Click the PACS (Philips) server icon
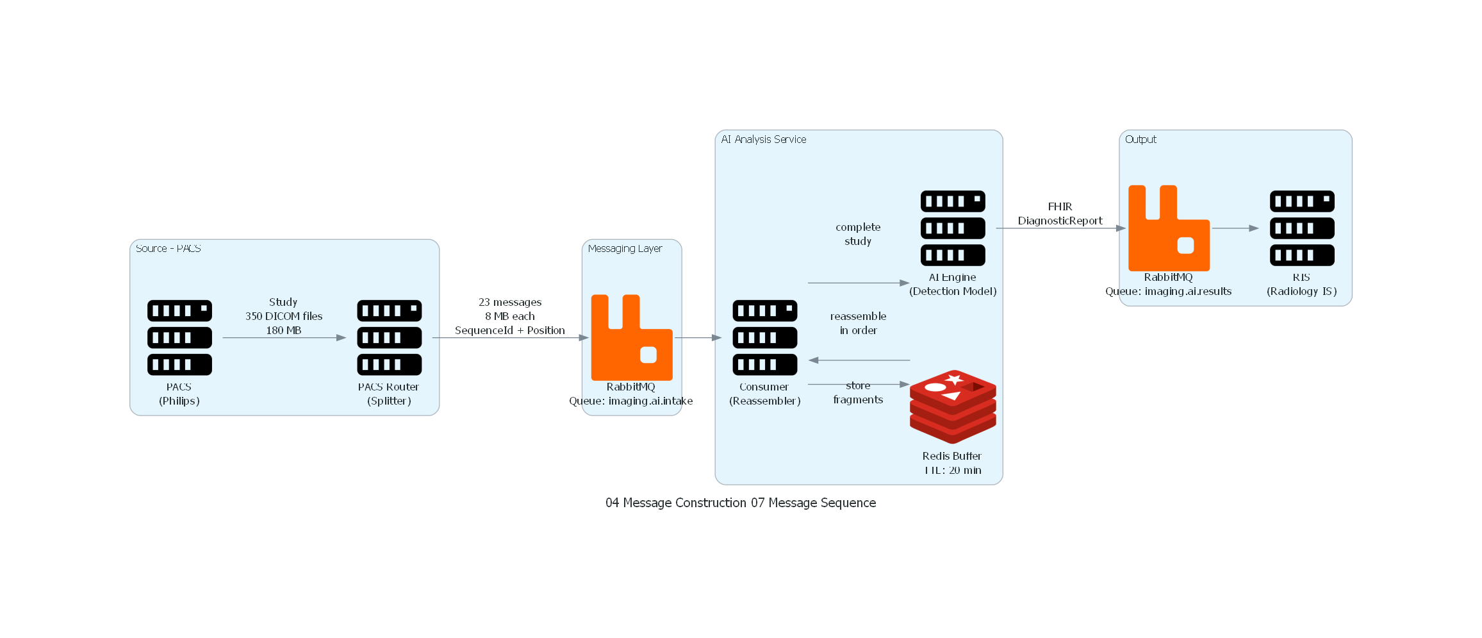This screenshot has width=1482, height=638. pos(179,337)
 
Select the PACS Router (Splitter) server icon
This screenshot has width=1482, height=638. pos(389,337)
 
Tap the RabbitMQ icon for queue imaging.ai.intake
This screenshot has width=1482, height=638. pos(631,337)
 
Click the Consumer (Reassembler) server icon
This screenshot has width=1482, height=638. pos(764,337)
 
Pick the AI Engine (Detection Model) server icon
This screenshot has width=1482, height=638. pos(952,228)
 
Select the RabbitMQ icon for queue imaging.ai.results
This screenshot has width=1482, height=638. pos(1168,228)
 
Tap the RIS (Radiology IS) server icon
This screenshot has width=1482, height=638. pos(1301,228)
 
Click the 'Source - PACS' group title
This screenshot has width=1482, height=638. pos(168,248)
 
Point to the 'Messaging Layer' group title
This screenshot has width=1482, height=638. pos(625,248)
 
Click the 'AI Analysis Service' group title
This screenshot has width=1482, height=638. pos(763,139)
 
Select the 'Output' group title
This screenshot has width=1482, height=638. pos(1140,139)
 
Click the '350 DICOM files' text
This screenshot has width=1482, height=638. pos(283,316)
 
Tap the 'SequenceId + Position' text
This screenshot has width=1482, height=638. pos(509,330)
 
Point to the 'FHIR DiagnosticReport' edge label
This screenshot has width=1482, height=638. pos(1060,214)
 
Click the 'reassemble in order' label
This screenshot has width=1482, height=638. pos(858,323)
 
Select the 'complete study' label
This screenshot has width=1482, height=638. pos(857,234)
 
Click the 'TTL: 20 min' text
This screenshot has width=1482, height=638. pos(952,470)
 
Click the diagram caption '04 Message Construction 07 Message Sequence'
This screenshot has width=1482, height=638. pos(740,503)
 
